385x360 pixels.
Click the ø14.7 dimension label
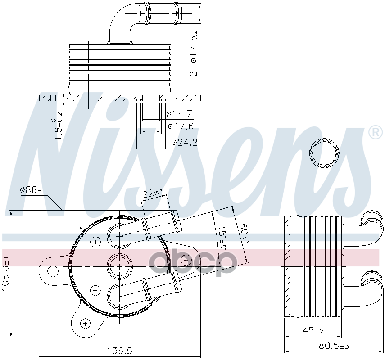point(179,113)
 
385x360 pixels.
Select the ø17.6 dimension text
point(181,126)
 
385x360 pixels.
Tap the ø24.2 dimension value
point(185,142)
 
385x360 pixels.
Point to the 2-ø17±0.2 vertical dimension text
point(194,53)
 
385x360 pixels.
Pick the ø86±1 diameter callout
point(33,190)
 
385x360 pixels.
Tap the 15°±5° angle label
point(222,237)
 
